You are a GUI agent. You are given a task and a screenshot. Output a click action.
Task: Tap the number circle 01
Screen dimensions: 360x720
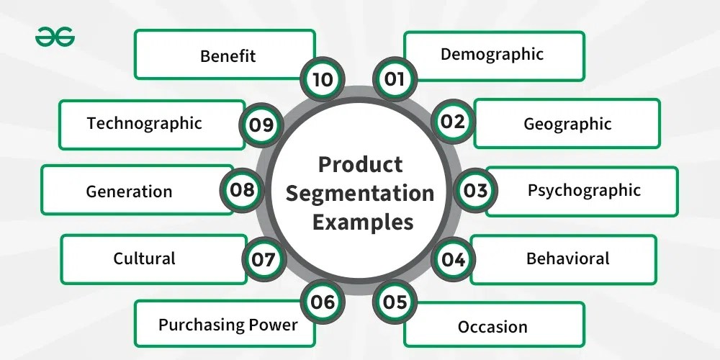(394, 78)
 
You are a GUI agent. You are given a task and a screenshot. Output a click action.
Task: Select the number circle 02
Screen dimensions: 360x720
(454, 122)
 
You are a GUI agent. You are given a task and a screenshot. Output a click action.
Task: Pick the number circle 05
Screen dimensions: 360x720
(395, 302)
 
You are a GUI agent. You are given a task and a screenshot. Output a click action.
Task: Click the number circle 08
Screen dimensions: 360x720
(243, 190)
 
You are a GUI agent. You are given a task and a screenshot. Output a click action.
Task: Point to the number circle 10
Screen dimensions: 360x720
(323, 78)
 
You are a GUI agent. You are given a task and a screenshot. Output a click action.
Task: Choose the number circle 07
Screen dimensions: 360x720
(264, 258)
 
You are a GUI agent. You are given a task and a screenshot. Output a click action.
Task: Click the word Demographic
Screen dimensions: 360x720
(492, 54)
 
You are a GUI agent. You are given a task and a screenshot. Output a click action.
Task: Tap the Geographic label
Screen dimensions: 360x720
(567, 124)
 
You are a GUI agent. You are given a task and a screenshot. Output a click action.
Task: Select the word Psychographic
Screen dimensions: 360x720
(584, 191)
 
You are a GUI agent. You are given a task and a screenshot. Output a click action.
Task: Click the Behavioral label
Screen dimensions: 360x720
(567, 258)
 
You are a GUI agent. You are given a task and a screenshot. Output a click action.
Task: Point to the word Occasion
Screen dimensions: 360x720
(492, 326)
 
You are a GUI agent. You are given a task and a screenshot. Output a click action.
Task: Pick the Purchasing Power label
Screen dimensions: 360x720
(228, 324)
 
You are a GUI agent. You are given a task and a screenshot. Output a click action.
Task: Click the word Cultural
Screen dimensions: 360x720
(144, 258)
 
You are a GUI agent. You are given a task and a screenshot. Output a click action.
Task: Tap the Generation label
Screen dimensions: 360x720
(129, 191)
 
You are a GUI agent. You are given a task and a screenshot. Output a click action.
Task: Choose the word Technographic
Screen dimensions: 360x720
(144, 122)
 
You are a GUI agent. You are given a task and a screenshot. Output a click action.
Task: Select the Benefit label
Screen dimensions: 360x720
(228, 55)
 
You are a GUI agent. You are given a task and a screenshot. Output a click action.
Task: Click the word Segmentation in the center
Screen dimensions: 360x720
(366, 193)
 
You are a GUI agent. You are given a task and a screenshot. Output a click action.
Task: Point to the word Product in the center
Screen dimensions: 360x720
(361, 165)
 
